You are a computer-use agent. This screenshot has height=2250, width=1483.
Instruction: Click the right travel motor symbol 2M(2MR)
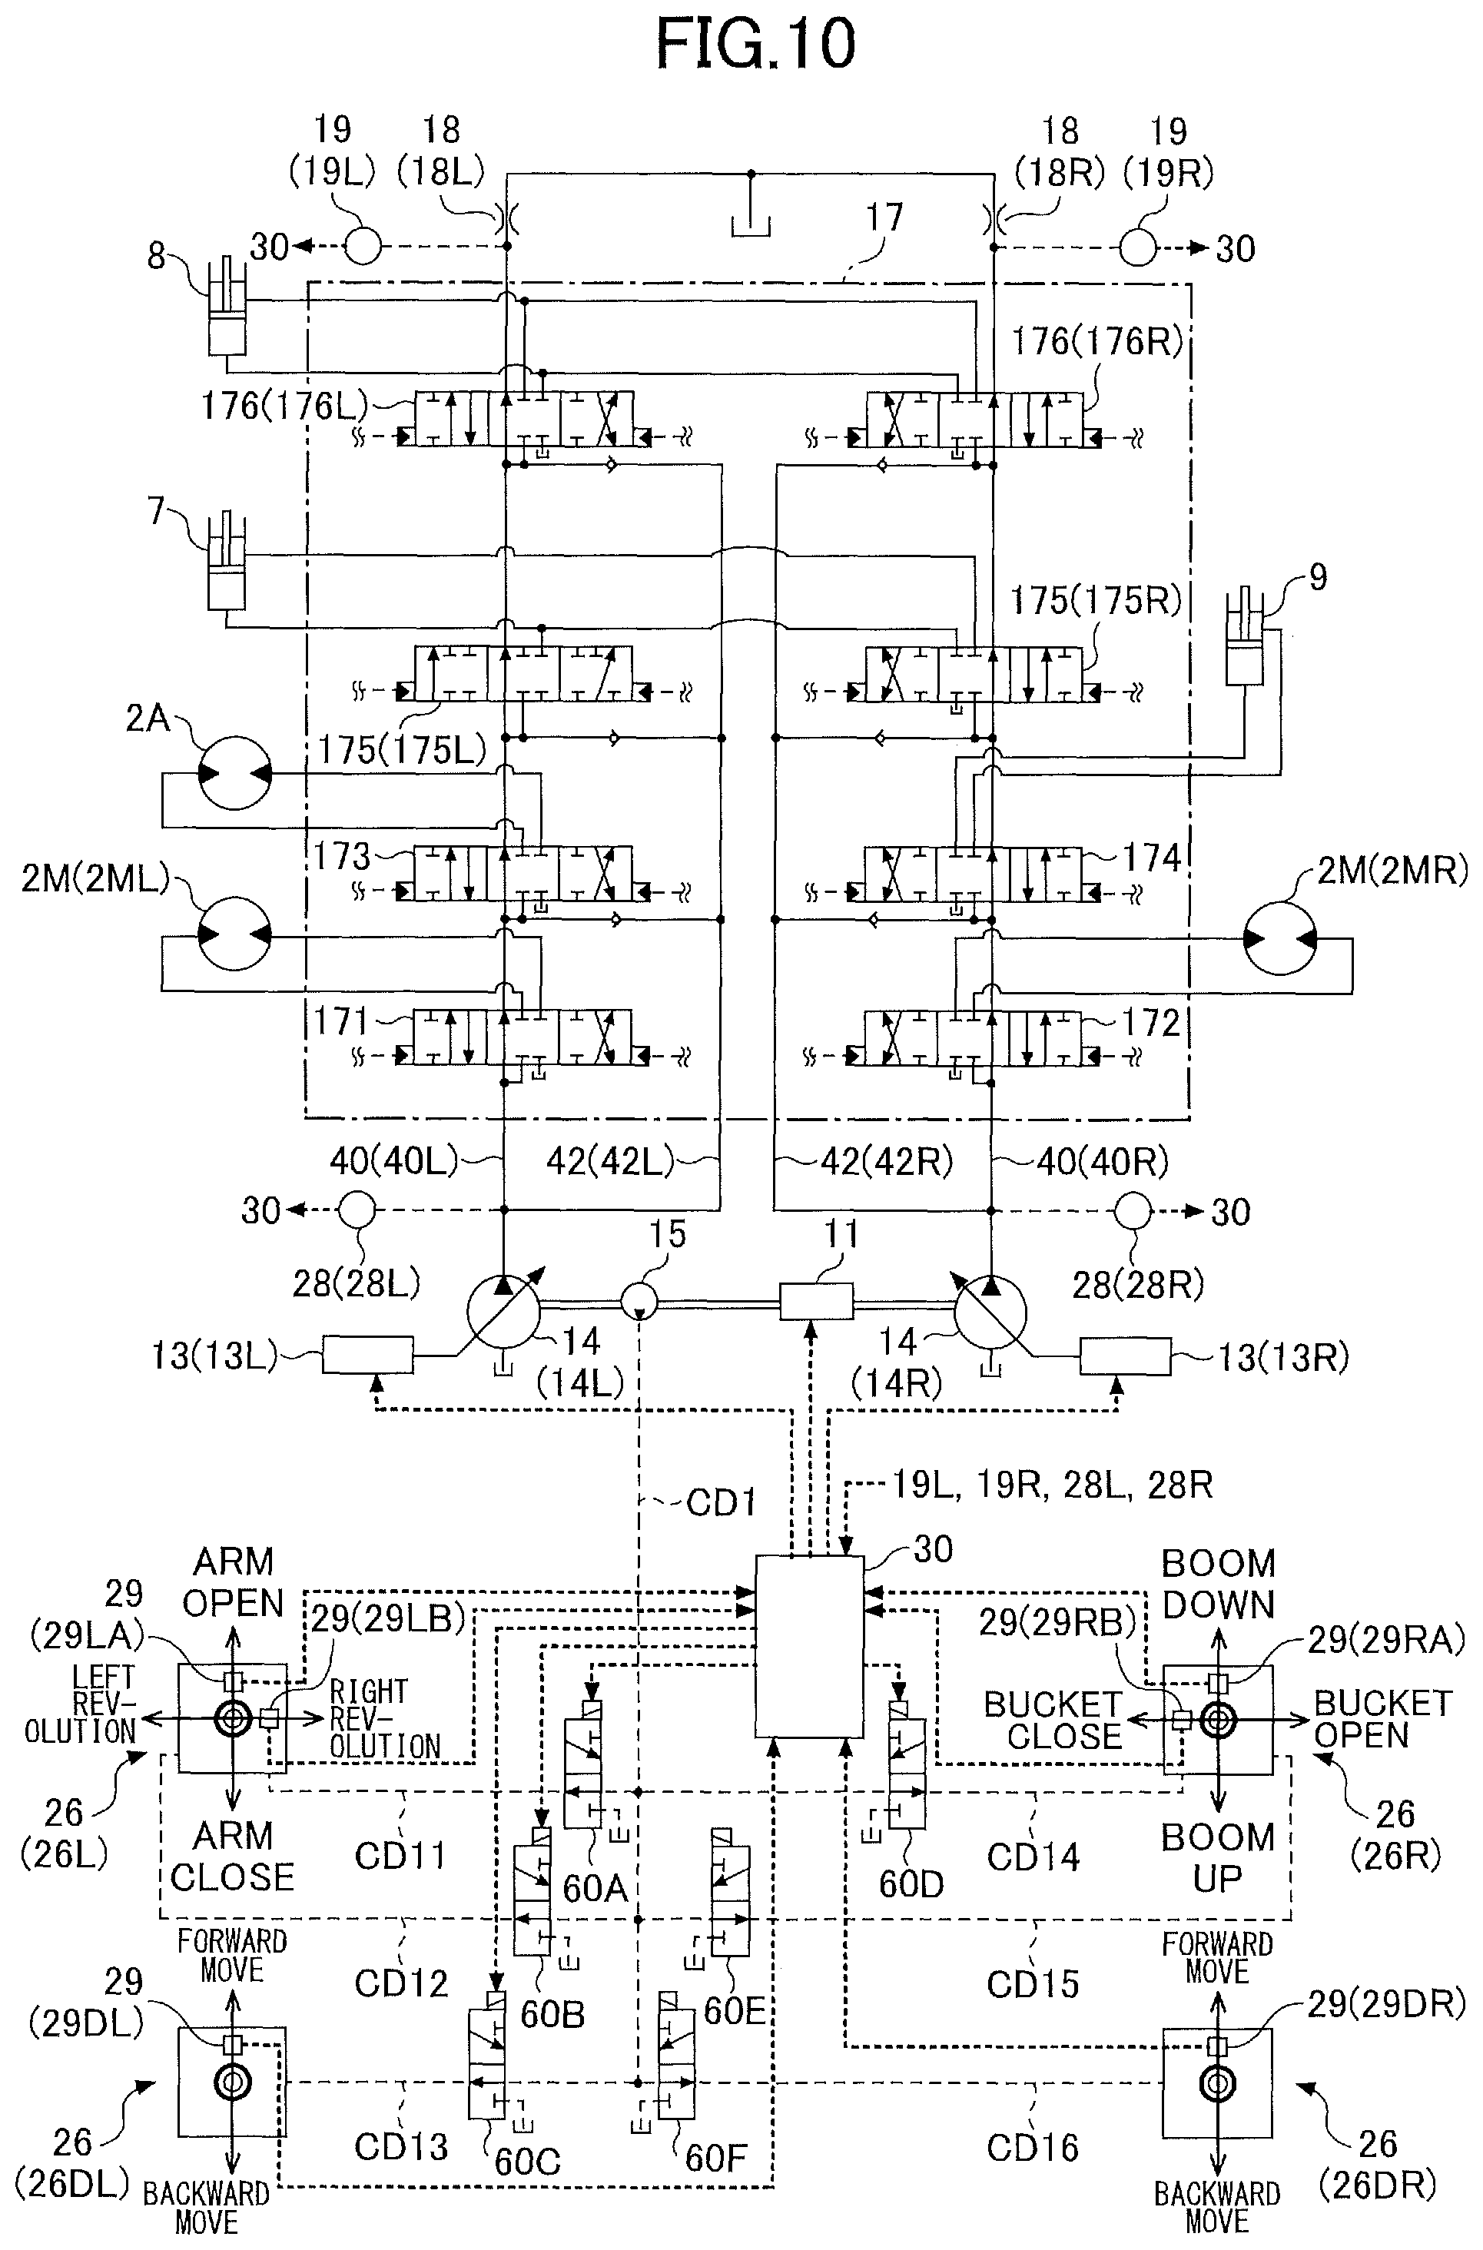pos(1279,938)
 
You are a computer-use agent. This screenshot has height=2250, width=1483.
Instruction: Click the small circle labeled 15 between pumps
pos(640,1302)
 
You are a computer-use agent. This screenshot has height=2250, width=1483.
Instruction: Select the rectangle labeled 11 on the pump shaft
pos(816,1302)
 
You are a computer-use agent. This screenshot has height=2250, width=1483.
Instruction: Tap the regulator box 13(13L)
pos(368,1354)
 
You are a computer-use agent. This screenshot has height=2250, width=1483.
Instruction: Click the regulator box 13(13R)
pos(1126,1356)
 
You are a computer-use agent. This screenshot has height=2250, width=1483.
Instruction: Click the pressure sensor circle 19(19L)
pos(362,246)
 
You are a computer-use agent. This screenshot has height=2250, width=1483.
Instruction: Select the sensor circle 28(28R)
pos(1133,1210)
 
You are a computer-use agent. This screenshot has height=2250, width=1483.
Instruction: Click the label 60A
pos(595,1888)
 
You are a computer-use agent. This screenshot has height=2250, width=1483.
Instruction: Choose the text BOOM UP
pos(1218,1857)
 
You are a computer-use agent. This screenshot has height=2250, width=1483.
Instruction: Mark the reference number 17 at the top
pos(884,217)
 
